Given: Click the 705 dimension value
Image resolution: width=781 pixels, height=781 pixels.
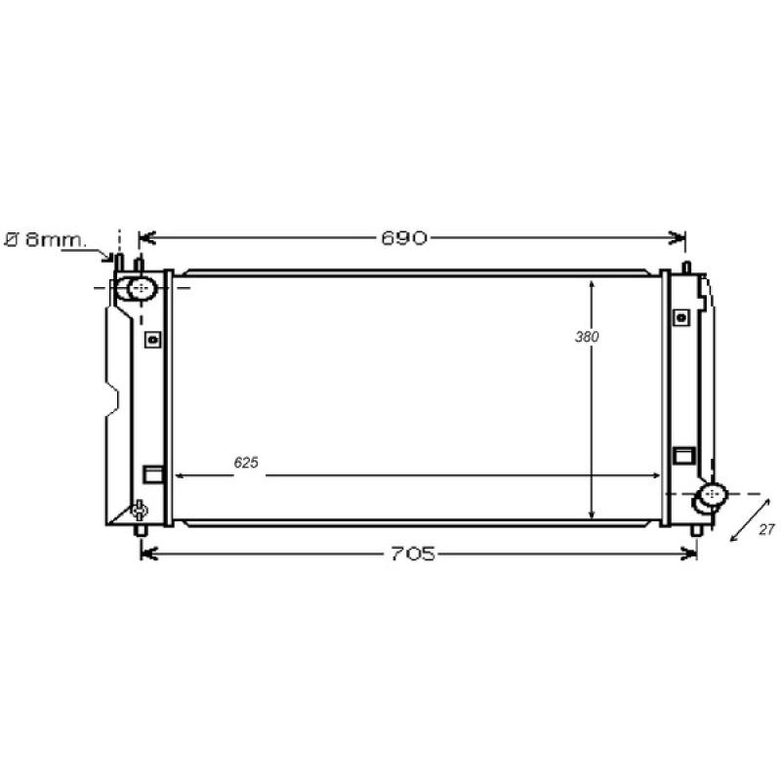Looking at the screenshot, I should pos(411,554).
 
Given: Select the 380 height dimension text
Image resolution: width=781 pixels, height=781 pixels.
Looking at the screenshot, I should pos(586,337).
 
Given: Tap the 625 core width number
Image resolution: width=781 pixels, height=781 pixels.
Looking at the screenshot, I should pos(246,464).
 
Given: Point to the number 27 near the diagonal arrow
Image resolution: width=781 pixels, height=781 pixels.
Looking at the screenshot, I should pos(766,529).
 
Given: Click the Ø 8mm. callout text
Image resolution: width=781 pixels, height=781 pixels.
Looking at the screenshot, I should pos(46,239).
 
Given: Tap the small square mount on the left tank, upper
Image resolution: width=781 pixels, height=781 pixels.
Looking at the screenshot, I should pos(151,339).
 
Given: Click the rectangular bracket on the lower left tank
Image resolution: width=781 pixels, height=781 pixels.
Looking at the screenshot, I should pos(152,474).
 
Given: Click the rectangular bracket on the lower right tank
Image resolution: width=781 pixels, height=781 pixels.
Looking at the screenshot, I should pos(683,455).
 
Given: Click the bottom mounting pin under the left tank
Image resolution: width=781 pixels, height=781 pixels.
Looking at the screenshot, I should pos(141,530).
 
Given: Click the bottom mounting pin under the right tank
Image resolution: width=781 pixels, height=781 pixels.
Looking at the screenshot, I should pos(695,530).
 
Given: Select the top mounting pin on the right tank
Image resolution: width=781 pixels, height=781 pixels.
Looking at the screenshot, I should pos(683,266).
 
